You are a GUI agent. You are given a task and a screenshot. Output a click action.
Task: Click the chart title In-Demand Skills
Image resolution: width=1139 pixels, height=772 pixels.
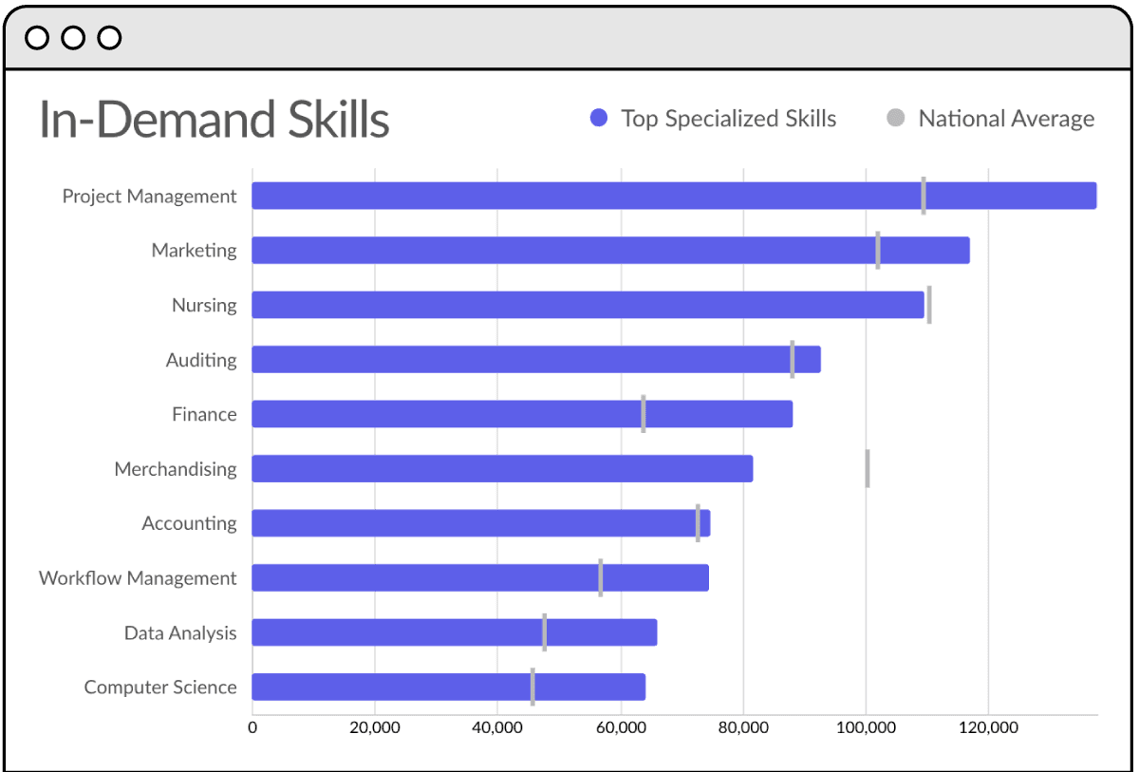[x=214, y=121]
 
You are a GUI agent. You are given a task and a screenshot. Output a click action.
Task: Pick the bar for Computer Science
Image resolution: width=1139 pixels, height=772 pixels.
[x=448, y=687]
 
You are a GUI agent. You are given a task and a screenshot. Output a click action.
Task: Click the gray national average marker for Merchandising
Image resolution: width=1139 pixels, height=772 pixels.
[x=868, y=469]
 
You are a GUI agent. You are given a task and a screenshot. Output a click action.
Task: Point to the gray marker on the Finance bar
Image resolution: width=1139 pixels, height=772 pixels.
[x=644, y=414]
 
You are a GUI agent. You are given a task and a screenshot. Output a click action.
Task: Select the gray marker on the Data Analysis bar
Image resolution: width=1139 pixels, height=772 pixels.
[x=545, y=632]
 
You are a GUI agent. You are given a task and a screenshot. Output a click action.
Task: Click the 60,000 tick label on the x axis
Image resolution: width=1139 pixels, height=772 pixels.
[x=621, y=728]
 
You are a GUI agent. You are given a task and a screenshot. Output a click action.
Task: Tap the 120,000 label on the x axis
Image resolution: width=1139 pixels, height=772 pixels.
[x=988, y=728]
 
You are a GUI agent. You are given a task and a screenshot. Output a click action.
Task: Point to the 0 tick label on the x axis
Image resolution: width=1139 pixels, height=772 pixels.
[x=252, y=728]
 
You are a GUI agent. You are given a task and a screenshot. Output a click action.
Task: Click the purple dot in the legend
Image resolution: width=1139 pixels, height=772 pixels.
[x=598, y=119]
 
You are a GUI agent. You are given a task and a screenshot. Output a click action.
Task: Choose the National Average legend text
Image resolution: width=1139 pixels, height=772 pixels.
[x=1006, y=119]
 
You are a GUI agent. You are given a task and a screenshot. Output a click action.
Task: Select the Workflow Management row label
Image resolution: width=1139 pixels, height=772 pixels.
[x=138, y=578]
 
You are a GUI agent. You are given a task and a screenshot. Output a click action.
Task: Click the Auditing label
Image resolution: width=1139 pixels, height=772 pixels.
[x=201, y=360]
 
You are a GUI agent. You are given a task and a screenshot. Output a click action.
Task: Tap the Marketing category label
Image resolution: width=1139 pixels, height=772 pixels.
[x=194, y=251]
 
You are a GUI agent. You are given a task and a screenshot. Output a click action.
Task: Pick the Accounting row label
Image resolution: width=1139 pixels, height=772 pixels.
[x=189, y=523]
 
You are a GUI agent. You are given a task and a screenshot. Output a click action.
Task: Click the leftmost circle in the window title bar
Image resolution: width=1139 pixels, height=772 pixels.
[x=37, y=38]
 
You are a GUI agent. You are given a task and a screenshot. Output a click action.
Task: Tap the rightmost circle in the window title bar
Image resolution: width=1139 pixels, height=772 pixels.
[x=109, y=38]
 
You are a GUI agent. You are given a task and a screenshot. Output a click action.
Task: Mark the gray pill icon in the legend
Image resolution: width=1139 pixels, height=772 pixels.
[x=895, y=119]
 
